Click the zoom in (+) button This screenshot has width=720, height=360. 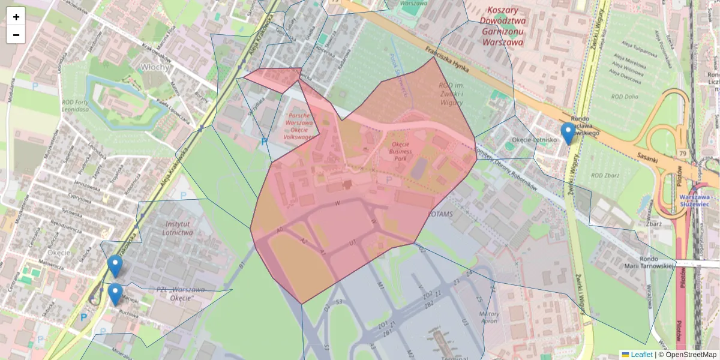[16, 16]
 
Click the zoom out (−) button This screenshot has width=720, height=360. [16, 35]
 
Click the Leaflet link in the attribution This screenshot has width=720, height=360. [641, 355]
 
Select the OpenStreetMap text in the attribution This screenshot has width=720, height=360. [691, 355]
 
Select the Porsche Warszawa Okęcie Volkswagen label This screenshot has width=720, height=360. [299, 126]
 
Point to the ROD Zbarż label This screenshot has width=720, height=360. [604, 176]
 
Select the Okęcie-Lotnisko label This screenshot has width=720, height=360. [534, 140]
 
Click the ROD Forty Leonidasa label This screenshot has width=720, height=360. [76, 106]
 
